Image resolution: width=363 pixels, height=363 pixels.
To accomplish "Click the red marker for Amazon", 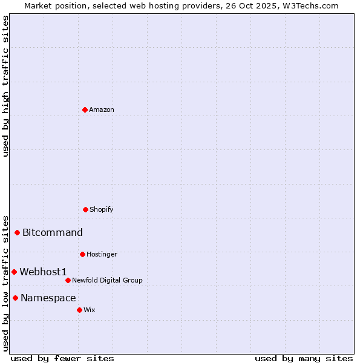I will [x=85, y=110].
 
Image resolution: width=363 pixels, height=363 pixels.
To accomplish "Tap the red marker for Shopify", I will [x=85, y=209].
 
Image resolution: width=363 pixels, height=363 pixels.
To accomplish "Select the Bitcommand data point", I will [x=18, y=232].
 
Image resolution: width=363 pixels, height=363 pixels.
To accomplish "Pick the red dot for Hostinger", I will [x=82, y=254].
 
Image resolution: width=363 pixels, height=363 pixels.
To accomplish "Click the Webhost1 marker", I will [x=15, y=272].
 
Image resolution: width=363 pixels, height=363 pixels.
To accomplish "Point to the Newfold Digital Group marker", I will [x=68, y=280].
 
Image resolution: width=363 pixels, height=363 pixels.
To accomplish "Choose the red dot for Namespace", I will [x=16, y=298].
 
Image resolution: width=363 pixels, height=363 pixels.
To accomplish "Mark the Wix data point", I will [x=79, y=310].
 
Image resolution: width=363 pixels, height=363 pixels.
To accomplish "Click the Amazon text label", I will [x=102, y=110].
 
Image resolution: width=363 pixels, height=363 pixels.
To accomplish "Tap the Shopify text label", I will [x=102, y=209].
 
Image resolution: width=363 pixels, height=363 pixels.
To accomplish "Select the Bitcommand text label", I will [x=53, y=233].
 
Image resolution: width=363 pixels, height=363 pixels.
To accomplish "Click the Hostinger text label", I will [x=102, y=254].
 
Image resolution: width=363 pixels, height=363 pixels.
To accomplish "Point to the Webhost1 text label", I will [x=43, y=272].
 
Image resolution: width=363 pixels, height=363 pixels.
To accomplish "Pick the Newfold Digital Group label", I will [x=107, y=280].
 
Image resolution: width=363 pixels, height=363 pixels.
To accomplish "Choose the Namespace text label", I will [x=48, y=298].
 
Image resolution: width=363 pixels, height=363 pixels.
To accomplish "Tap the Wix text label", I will [x=90, y=310].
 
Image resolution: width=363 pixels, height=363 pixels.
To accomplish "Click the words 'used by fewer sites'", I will [x=62, y=358].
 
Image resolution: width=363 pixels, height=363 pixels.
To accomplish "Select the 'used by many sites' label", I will [x=304, y=358].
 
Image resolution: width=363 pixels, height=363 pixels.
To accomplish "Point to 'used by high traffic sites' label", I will [x=6, y=86].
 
